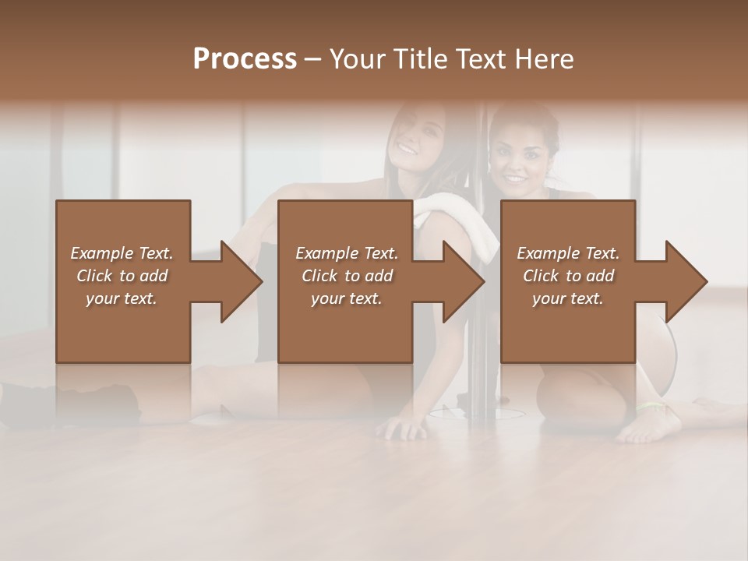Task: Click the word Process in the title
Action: pyautogui.click(x=245, y=58)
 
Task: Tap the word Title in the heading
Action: pyautogui.click(x=423, y=58)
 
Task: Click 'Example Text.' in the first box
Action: pyautogui.click(x=122, y=253)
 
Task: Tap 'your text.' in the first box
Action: pyautogui.click(x=122, y=298)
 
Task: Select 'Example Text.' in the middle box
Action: pyautogui.click(x=347, y=253)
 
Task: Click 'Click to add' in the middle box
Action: pyautogui.click(x=347, y=276)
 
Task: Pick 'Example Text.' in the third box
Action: pyautogui.click(x=568, y=253)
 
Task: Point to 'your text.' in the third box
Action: pyautogui.click(x=568, y=298)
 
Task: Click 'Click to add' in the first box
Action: pyautogui.click(x=122, y=276)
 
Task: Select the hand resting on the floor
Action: pyautogui.click(x=404, y=425)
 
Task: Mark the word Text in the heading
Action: pyautogui.click(x=480, y=58)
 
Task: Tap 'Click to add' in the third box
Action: pyautogui.click(x=568, y=276)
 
